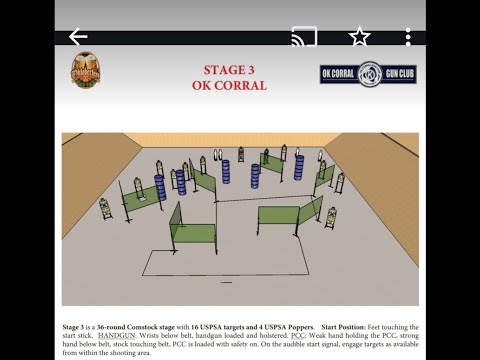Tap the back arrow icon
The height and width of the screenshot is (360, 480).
coord(78,36)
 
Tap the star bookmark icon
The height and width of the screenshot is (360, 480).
coord(359,37)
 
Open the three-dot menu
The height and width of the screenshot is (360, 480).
coord(408,37)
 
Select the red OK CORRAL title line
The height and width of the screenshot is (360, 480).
coord(229,86)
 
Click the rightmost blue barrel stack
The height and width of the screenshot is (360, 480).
coord(298,163)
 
